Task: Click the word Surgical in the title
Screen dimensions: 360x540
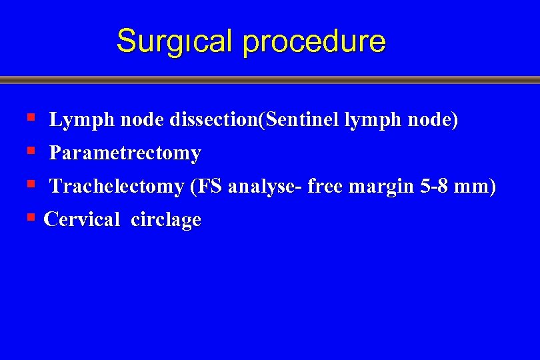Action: coord(175,41)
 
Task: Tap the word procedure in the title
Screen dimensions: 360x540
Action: coord(315,41)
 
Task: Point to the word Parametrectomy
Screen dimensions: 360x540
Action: coord(125,153)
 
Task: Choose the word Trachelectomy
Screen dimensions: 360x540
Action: coord(117,187)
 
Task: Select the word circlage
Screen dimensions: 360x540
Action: coord(166,219)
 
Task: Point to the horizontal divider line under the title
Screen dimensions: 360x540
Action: coord(270,80)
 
